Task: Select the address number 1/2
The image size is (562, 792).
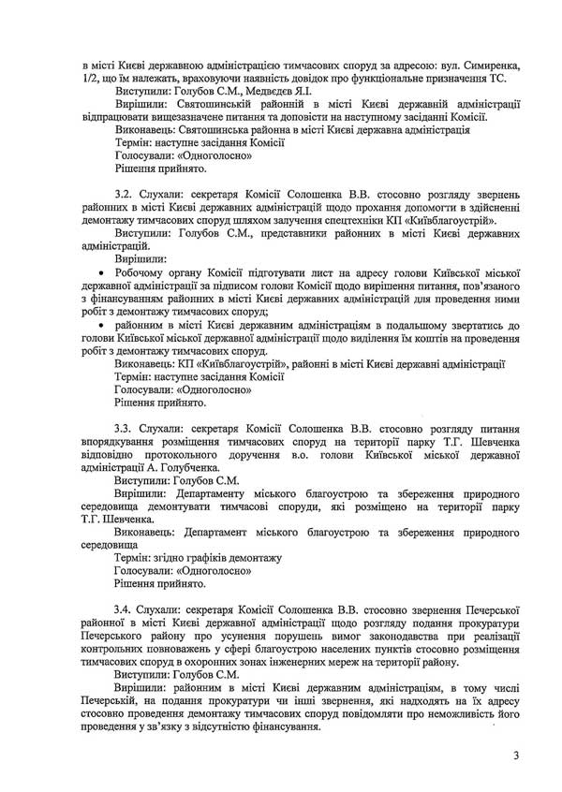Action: (x=93, y=55)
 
